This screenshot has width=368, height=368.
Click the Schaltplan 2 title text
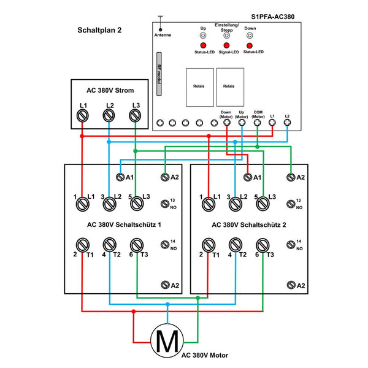99,30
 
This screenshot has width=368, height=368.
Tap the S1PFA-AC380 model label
276,18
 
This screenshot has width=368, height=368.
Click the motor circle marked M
166,339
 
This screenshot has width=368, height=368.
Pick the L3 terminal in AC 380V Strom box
135,115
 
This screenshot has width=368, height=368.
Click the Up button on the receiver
203,36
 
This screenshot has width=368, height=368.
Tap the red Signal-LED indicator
226,46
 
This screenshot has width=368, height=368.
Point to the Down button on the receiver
250,36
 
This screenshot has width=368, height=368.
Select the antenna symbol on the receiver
160,25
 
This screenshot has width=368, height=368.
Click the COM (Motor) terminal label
258,113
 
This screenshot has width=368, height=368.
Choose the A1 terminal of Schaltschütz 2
247,177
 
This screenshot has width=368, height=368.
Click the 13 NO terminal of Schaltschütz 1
165,204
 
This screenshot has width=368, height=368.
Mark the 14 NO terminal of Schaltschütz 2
291,244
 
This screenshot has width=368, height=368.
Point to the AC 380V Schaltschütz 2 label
249,224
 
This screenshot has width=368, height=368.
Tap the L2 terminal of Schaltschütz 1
109,204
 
